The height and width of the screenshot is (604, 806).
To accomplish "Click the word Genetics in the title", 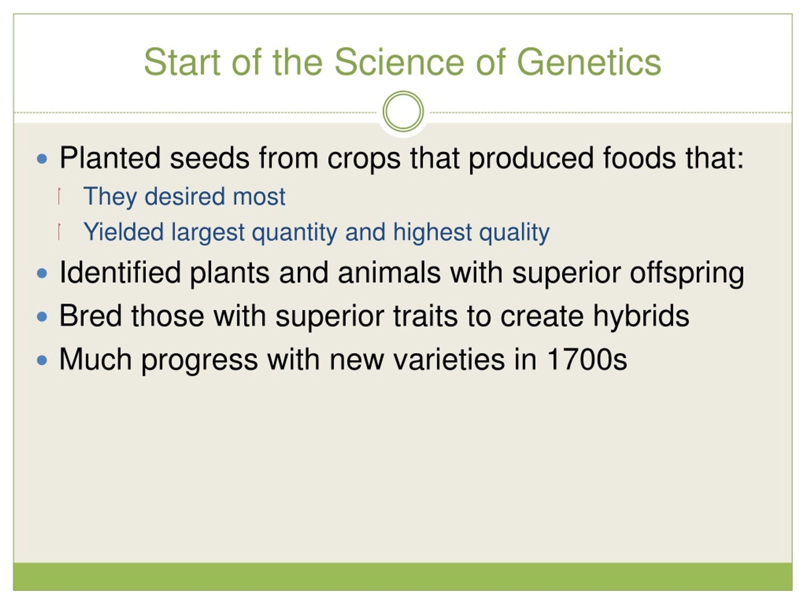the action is coord(589,62).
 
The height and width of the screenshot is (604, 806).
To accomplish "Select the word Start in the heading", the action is coord(182,62).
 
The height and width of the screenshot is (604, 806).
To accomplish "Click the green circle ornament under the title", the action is coord(403,111).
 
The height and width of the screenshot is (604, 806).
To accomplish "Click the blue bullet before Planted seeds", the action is coord(42,159).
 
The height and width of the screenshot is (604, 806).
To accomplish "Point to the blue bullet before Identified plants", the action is coord(42,273).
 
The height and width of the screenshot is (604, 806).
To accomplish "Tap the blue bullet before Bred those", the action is coord(42,316).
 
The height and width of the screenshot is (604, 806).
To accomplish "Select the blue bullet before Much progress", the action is coord(42,360).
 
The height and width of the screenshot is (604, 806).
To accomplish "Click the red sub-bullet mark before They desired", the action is coord(59,196).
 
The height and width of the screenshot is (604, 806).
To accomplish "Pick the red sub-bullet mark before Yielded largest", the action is coord(59,232).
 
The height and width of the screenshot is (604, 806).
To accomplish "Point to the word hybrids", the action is coord(641,316).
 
